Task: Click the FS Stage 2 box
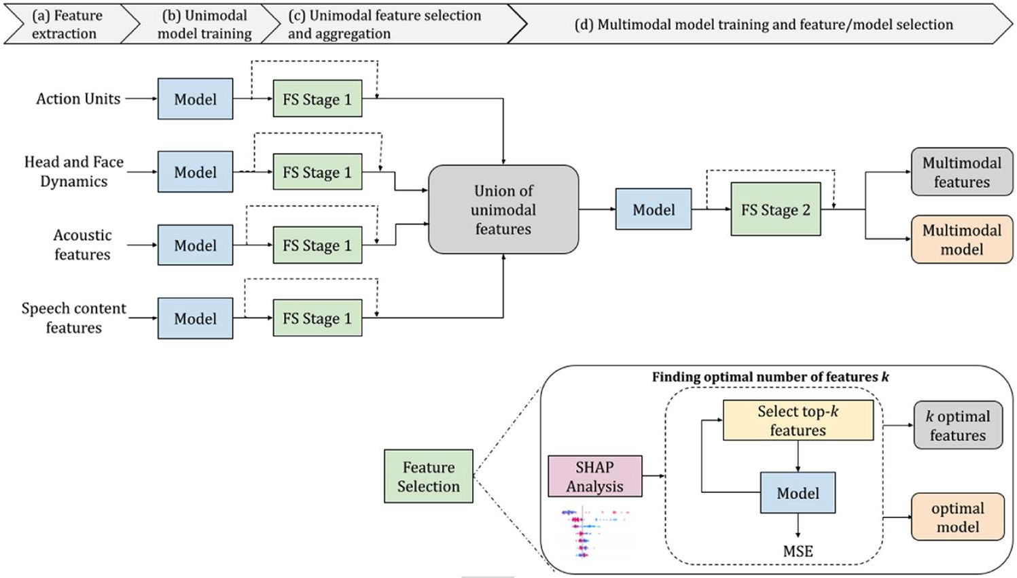coord(775,209)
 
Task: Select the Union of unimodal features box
coord(503,209)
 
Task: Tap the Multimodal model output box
coord(961,239)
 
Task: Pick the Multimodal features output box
coord(961,172)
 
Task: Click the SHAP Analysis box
coord(594,476)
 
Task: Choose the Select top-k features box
coord(798,420)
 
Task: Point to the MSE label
coord(798,551)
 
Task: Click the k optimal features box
coord(958,425)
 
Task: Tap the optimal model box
coord(958,517)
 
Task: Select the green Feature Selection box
coord(429,476)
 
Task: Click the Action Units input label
coord(78,99)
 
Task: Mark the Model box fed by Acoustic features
coord(195,245)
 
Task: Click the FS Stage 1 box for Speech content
coord(317,318)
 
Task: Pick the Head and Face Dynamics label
coord(73,171)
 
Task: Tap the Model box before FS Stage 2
coord(654,209)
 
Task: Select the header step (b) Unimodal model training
coord(204,24)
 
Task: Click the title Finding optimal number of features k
coord(770,377)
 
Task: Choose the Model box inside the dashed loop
coord(798,492)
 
